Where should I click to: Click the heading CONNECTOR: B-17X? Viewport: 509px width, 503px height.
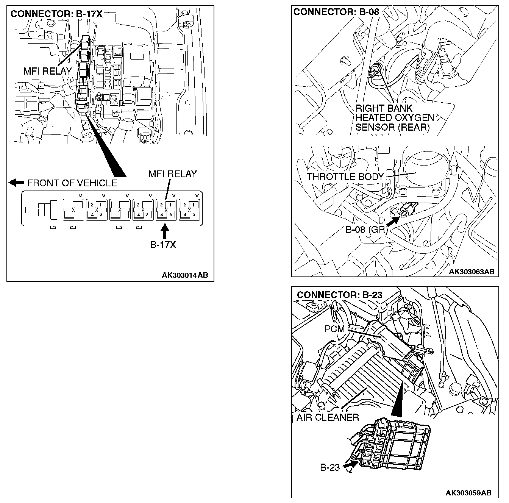click(56, 14)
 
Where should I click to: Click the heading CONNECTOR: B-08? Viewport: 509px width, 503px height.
click(336, 12)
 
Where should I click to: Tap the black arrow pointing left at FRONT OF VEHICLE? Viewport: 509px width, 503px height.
click(16, 183)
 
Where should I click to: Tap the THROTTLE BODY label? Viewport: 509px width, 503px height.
click(345, 177)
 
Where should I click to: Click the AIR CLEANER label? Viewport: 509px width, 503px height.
click(327, 417)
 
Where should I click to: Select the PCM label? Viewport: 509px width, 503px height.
click(334, 329)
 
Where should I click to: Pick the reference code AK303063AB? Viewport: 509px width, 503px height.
click(472, 272)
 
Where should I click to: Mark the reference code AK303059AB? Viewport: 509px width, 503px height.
click(468, 493)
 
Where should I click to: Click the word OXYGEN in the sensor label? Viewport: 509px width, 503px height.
click(414, 118)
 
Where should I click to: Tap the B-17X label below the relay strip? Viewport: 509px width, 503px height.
click(163, 245)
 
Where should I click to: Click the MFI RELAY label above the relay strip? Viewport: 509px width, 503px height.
click(172, 174)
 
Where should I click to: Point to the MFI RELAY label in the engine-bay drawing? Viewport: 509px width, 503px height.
click(47, 71)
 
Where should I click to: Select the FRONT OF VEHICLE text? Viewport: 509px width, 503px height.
click(72, 183)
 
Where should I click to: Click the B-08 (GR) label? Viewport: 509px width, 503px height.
click(365, 230)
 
